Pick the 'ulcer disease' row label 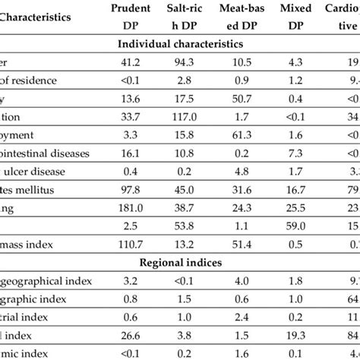(38, 170)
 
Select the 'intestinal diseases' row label (46, 153)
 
